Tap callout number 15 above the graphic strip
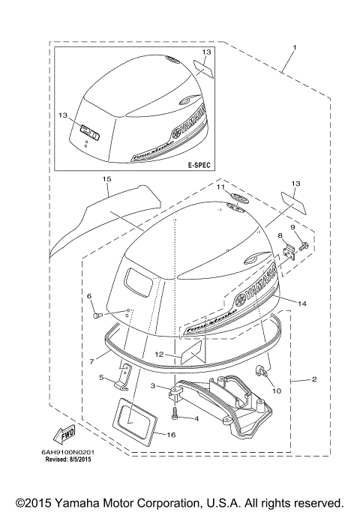point(106,180)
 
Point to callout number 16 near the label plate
point(170,435)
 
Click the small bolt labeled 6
point(97,314)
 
